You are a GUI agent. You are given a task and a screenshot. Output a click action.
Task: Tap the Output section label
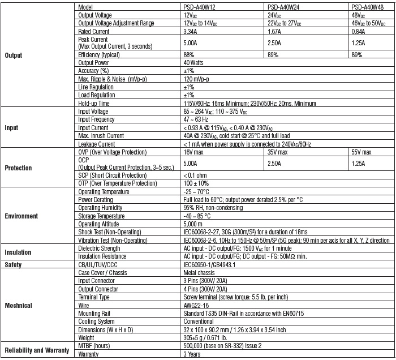point(14,55)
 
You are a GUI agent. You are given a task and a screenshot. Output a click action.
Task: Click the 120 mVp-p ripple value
point(199,79)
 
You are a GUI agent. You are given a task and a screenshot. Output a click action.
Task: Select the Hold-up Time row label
point(94,103)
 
